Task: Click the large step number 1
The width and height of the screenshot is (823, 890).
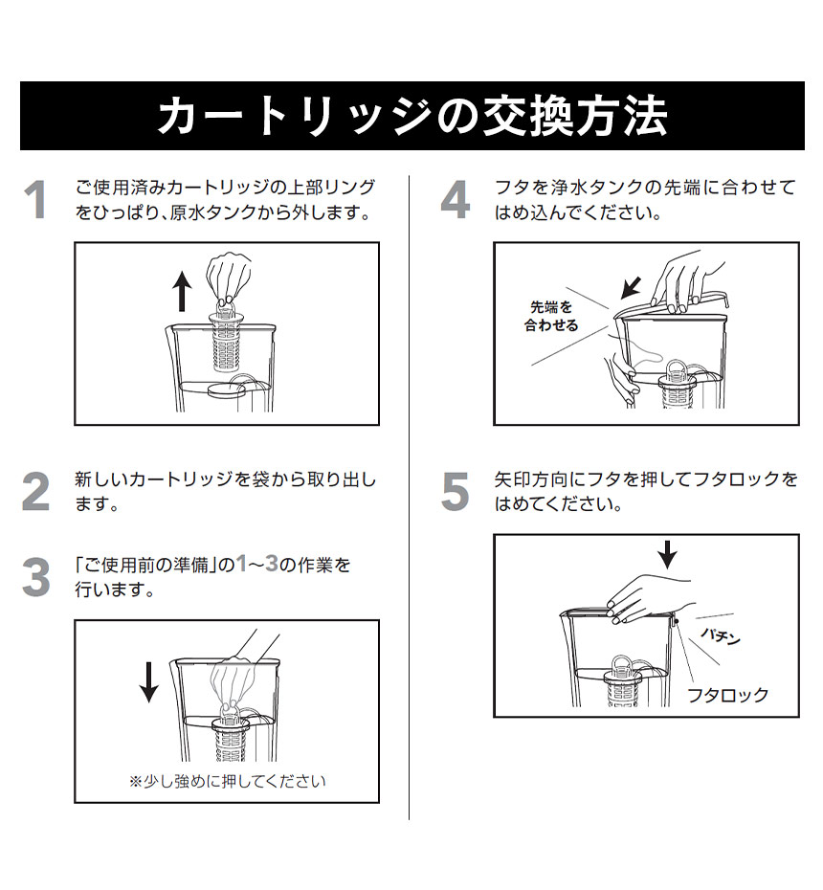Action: coord(36,199)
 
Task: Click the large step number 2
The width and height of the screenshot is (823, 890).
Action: coord(36,492)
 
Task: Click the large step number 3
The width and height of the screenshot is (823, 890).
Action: coord(36,577)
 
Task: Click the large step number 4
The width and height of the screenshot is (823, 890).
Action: coord(456,199)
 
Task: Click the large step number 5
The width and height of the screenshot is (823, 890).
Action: coord(456,492)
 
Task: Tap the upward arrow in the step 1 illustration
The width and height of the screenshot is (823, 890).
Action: coord(182,291)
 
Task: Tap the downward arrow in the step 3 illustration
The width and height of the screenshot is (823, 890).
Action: coord(148,682)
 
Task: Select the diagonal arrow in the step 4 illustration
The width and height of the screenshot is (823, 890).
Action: coord(632,287)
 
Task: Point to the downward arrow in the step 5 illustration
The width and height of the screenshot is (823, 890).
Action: coord(668,554)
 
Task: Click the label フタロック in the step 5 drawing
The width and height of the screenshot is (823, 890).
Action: coord(727,695)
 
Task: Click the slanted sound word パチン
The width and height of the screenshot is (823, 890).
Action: coord(721,635)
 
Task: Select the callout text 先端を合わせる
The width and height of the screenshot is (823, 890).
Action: coord(550,316)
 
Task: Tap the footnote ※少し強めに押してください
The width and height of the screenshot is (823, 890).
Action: coord(228,782)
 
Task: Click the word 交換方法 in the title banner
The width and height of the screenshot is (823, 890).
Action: coord(575,116)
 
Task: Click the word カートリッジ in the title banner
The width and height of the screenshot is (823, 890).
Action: coord(294,116)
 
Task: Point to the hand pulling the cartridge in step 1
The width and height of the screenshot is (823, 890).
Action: coord(229,279)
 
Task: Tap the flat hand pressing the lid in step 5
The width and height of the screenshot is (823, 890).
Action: coord(650,601)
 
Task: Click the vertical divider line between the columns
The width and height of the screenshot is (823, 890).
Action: coord(409,498)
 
